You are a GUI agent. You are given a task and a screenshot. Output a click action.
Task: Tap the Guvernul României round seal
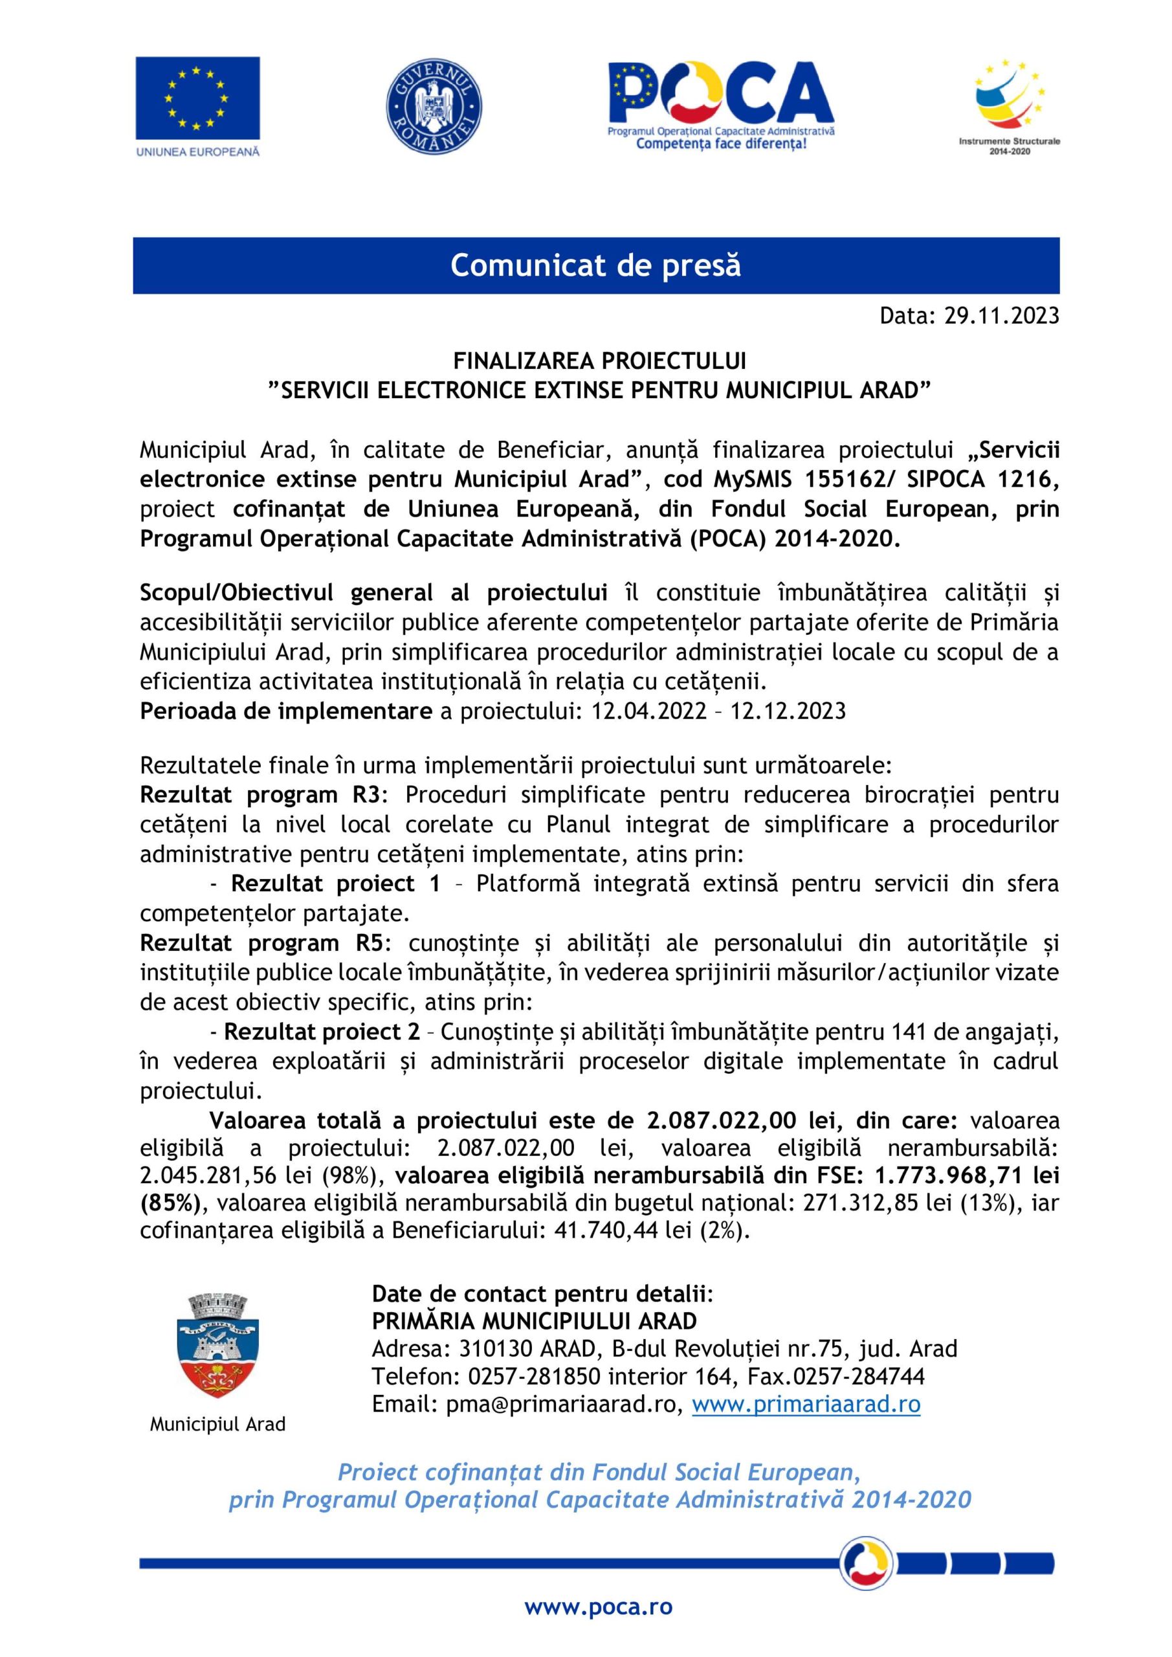tap(434, 106)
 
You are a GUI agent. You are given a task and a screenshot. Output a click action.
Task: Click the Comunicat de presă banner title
tap(595, 265)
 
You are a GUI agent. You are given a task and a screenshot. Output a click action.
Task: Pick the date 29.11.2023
tap(1001, 315)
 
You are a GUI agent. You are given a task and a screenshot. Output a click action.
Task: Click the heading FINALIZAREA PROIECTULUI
tap(599, 360)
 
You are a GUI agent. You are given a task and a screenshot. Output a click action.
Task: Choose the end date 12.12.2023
tap(788, 711)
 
